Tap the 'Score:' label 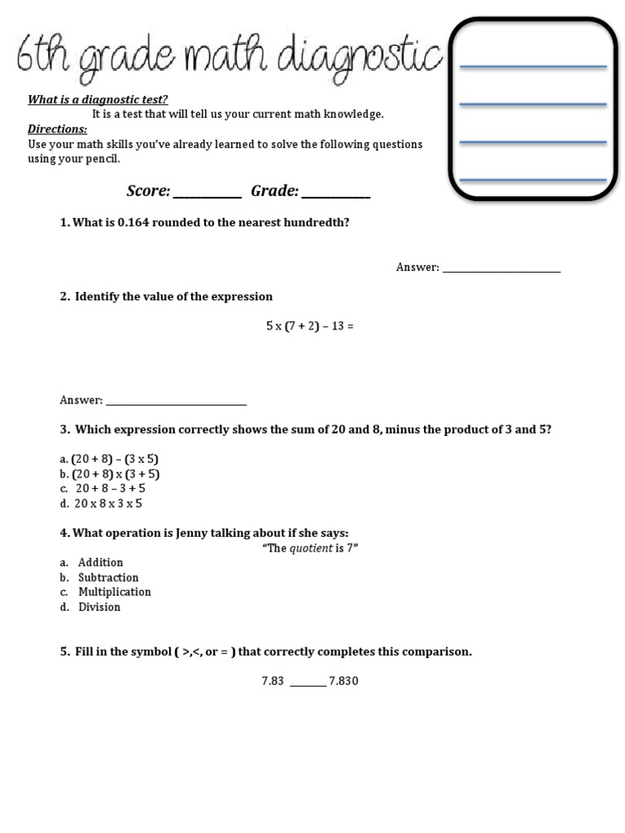tap(148, 191)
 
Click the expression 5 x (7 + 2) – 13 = tap(309, 326)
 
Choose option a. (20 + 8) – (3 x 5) tap(115, 459)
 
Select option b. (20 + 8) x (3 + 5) tap(115, 473)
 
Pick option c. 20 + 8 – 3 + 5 tap(110, 489)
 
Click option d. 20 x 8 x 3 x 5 tap(108, 504)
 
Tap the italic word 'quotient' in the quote tap(311, 548)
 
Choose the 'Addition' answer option tap(100, 563)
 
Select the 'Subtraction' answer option tap(108, 578)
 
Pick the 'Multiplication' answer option tap(114, 592)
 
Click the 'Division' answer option tap(98, 607)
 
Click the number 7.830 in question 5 tap(343, 681)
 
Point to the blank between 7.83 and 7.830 tap(308, 684)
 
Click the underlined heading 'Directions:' tap(58, 129)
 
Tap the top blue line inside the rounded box tap(533, 66)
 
